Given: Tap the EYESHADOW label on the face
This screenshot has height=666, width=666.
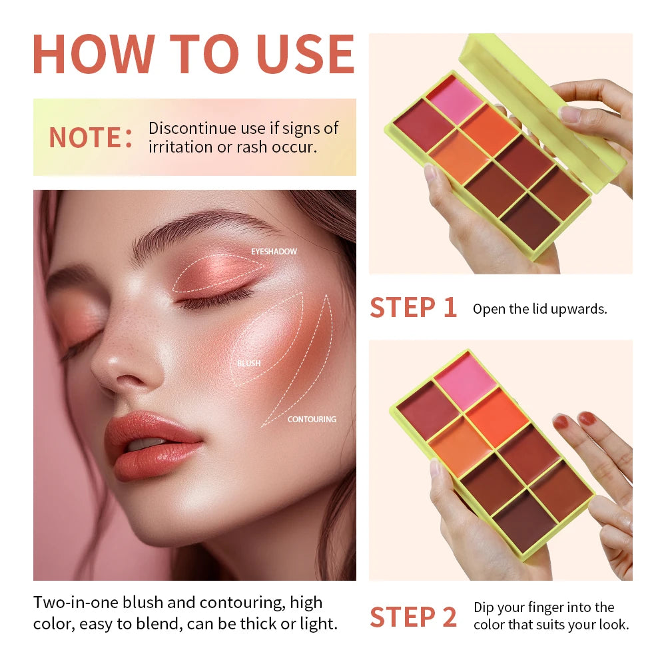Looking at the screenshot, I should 274,252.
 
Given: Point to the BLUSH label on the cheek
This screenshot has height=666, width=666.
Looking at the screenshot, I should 248,364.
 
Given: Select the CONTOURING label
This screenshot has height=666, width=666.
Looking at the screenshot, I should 312,420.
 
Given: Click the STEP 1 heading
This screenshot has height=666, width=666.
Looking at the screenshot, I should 413,308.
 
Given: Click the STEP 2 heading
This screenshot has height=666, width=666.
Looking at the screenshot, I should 413,617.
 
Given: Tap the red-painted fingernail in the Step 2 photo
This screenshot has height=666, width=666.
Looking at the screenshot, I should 587,418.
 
